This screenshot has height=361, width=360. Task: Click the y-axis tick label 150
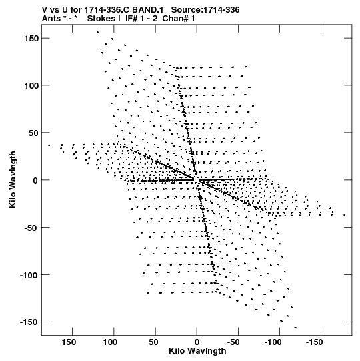(31, 39)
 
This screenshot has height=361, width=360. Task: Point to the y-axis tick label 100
(31, 85)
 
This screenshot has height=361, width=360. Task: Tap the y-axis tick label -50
(31, 228)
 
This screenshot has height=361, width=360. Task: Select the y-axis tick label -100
(29, 275)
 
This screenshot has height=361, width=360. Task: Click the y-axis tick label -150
(29, 322)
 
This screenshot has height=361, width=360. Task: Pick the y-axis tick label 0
(35, 180)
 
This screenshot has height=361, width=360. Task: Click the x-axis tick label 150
(69, 342)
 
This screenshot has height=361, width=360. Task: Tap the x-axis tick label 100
(110, 342)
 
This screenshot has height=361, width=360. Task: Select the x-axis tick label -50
(233, 342)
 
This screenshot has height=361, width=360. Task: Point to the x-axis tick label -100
(273, 342)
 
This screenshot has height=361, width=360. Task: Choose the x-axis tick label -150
(314, 342)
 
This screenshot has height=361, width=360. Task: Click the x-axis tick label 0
(197, 342)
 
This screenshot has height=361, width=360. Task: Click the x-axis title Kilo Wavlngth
(197, 351)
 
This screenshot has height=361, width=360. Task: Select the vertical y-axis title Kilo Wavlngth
(13, 179)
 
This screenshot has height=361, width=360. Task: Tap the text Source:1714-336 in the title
(205, 10)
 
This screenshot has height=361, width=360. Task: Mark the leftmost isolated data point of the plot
(49, 145)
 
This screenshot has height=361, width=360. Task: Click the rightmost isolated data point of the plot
(345, 215)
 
